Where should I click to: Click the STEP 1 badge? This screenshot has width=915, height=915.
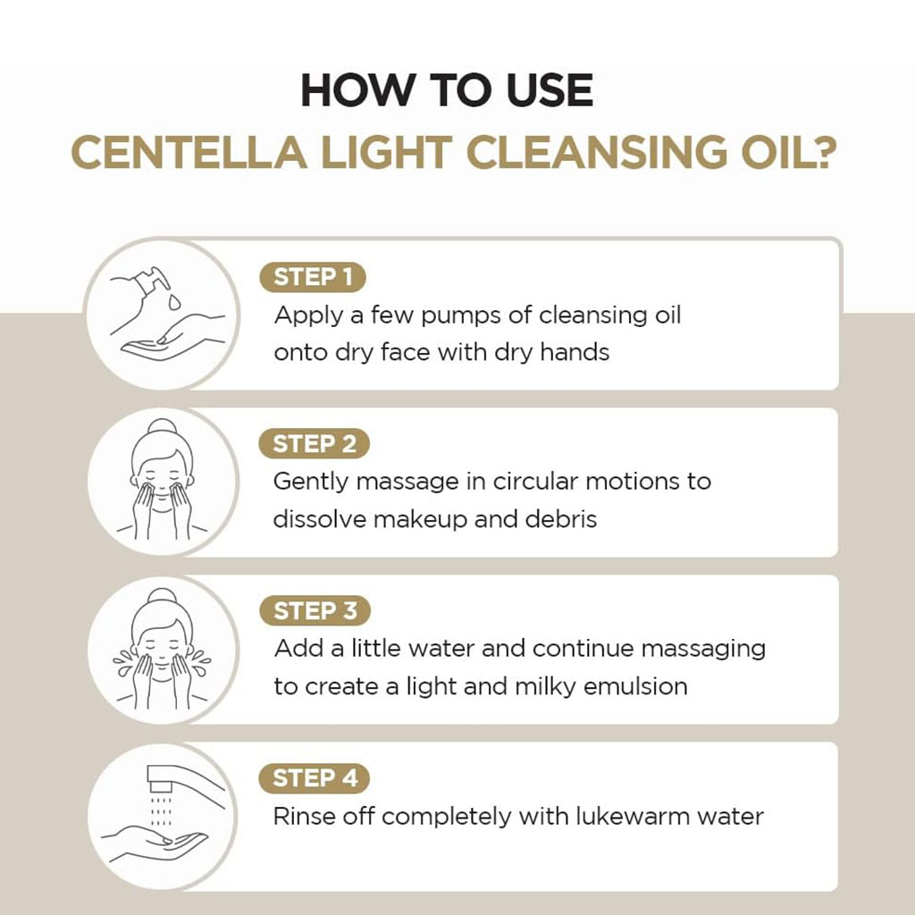tap(313, 277)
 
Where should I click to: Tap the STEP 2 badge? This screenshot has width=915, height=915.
tap(314, 444)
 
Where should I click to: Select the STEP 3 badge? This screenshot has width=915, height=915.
tap(314, 611)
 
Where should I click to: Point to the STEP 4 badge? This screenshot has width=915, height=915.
tap(314, 777)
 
